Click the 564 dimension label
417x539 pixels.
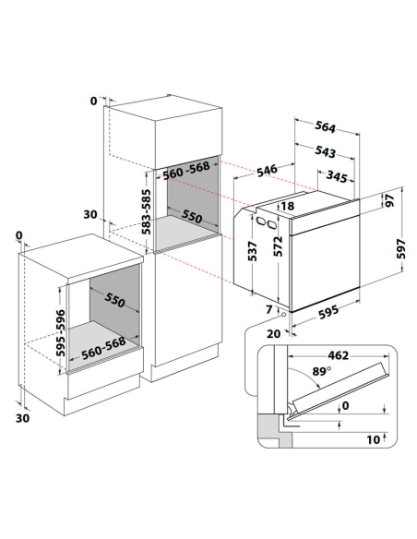(325, 127)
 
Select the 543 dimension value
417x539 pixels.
(325, 151)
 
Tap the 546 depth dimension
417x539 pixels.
(267, 171)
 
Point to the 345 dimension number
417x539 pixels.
(337, 176)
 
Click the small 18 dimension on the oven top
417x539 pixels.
(288, 206)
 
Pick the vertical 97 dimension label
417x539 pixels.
(389, 200)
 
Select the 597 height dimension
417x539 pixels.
(401, 249)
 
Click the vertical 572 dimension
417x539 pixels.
(278, 246)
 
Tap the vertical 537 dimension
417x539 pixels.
(253, 251)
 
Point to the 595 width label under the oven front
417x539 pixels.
(328, 312)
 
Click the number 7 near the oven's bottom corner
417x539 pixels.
(269, 309)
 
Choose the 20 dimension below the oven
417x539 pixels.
(274, 333)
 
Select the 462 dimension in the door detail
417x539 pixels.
(339, 355)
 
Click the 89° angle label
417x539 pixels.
(322, 371)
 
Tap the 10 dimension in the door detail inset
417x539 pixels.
(374, 439)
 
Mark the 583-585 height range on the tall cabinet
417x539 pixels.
(147, 211)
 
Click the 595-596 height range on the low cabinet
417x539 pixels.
(61, 333)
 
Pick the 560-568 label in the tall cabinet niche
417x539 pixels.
(186, 170)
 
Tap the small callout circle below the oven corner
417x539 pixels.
(284, 314)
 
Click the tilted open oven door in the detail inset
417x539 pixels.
(340, 387)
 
